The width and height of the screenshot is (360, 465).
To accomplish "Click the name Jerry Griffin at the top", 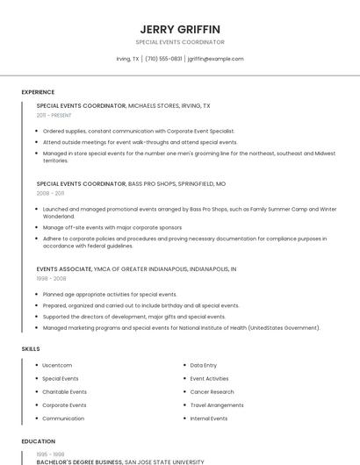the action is [180, 29].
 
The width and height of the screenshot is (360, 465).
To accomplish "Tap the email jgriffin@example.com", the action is [215, 59].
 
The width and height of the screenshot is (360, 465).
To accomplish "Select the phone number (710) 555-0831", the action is [164, 59].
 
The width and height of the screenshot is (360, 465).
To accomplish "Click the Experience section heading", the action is [38, 92].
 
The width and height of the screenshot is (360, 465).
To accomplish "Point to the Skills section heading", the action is [31, 349].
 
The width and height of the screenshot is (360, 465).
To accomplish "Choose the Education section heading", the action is [38, 441].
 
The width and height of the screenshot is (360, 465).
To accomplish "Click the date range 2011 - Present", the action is [54, 115].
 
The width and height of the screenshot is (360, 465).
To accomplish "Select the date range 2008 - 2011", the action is [50, 193].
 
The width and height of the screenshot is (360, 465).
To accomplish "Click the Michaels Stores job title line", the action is [123, 105].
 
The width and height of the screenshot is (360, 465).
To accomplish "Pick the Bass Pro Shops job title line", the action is [131, 184].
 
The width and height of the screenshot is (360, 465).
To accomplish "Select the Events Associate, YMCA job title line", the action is [136, 268].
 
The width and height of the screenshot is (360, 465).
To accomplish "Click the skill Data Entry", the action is [204, 365].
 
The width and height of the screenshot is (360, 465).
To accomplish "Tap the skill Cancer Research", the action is [212, 392].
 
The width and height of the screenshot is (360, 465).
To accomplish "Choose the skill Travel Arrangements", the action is [217, 405].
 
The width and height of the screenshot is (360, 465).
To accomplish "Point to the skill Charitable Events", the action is [64, 392].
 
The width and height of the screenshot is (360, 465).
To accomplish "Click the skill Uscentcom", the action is [57, 365].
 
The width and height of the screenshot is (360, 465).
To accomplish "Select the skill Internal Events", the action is [209, 418].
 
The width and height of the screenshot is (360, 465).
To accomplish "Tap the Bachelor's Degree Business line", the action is [120, 461].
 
